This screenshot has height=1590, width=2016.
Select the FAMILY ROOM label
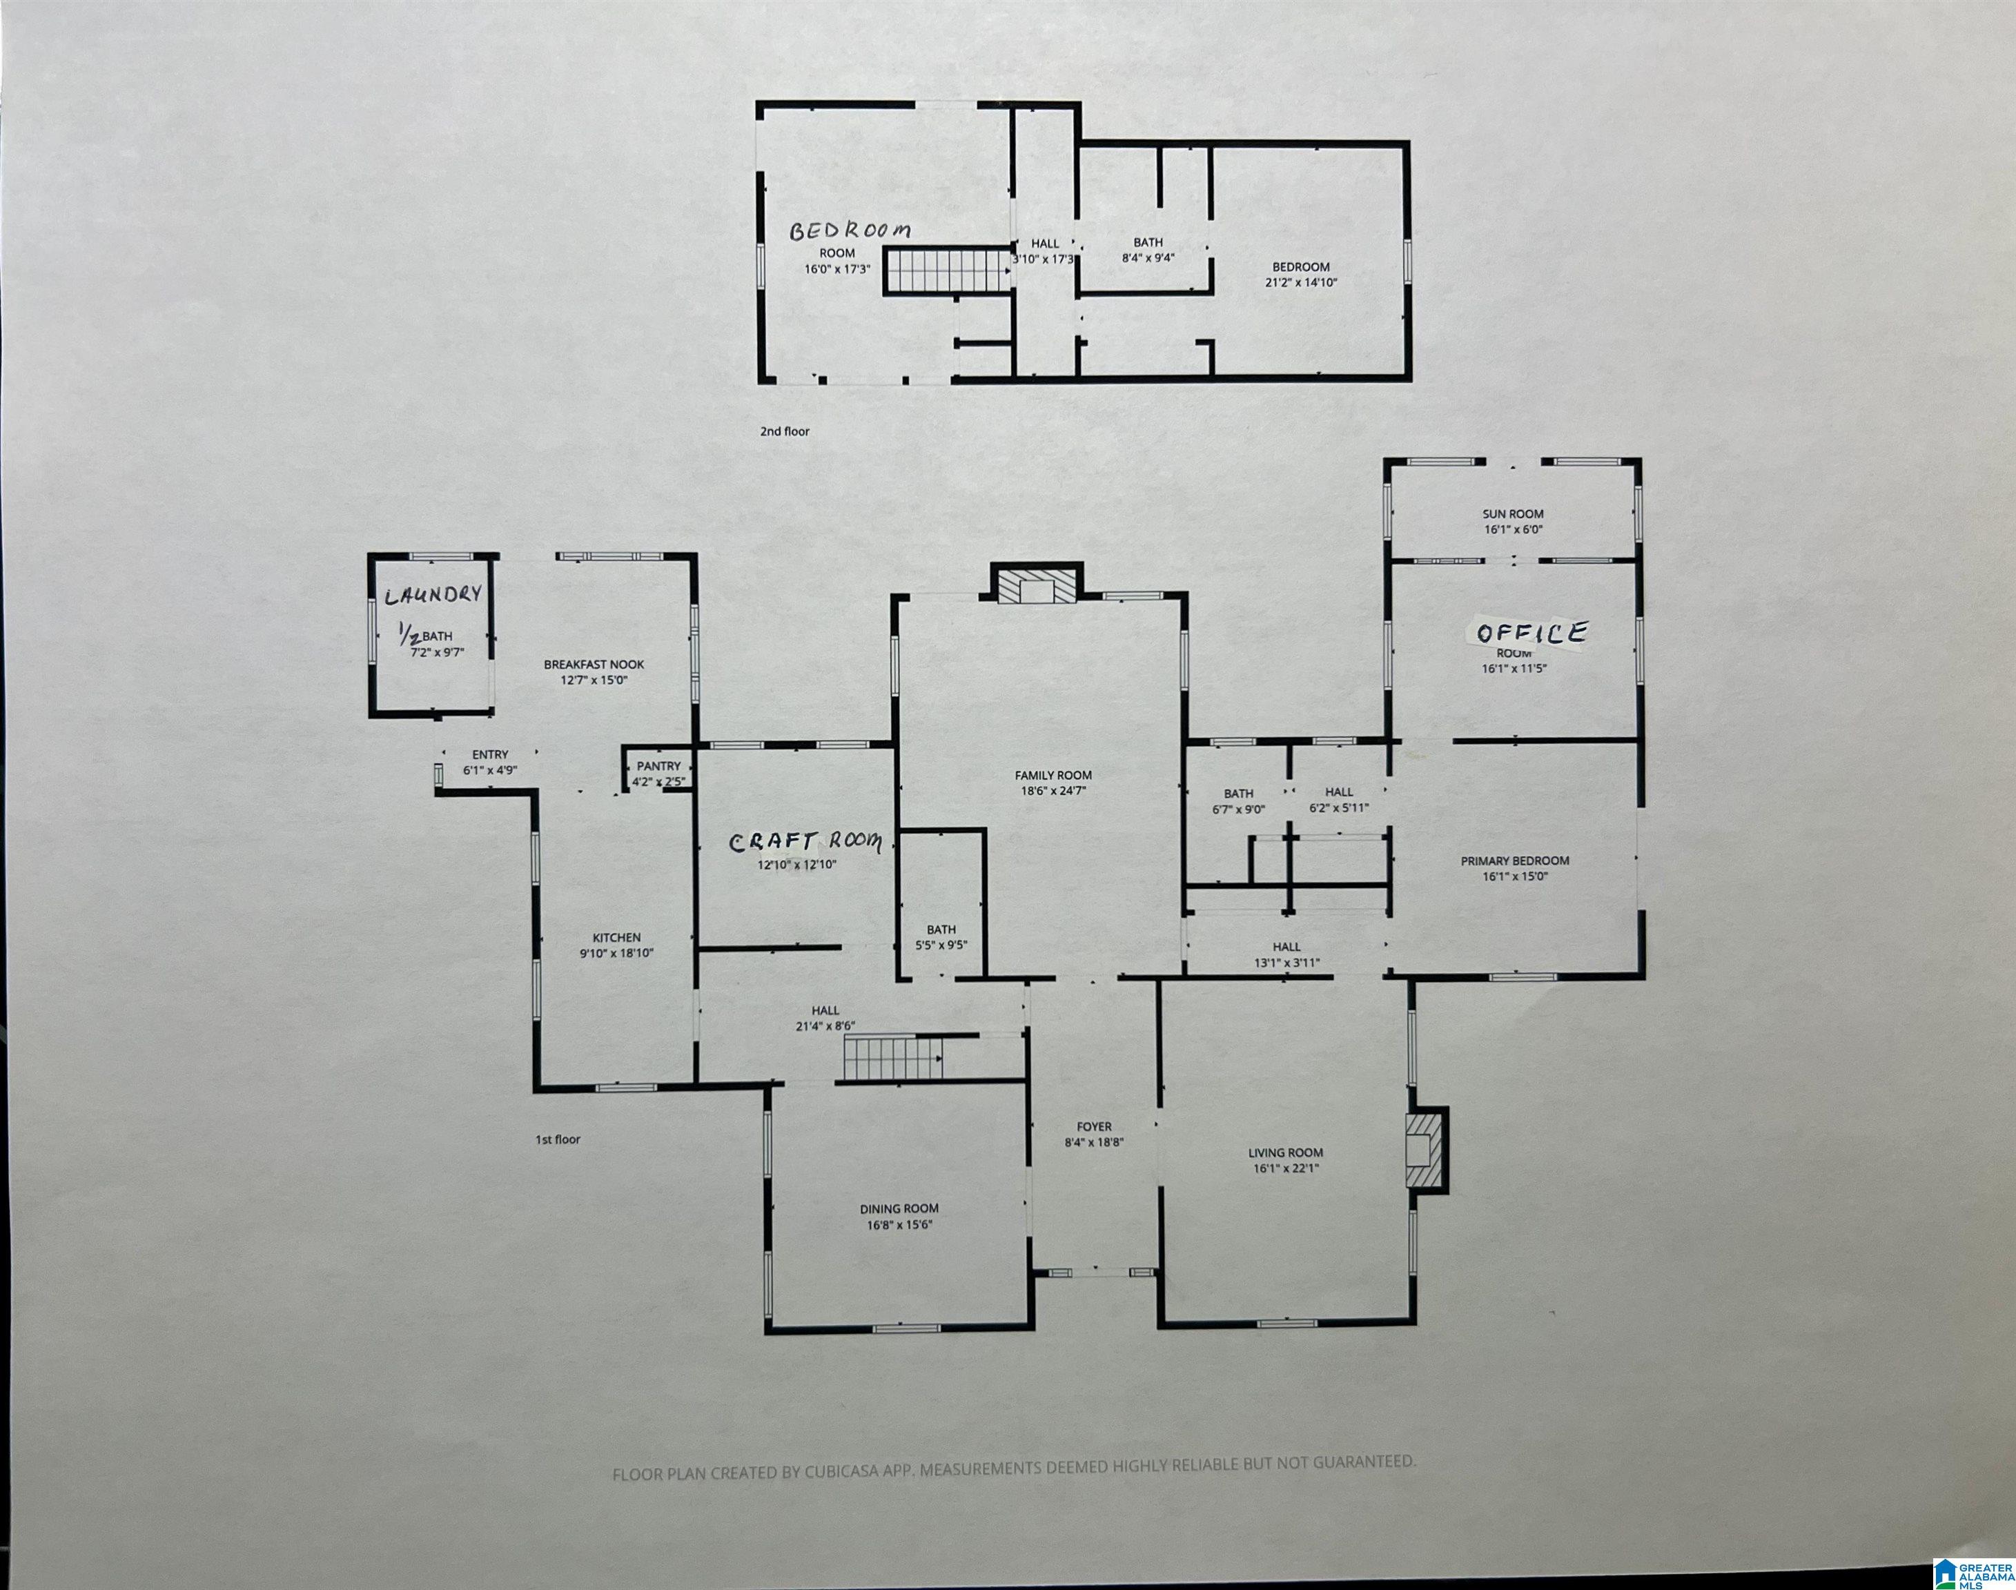click(x=1053, y=774)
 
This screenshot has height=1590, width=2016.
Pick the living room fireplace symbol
click(x=1426, y=1150)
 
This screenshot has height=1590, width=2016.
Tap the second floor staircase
click(x=946, y=271)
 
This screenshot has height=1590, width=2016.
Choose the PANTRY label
click(x=659, y=766)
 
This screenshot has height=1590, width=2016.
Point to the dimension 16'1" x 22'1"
click(x=1285, y=1168)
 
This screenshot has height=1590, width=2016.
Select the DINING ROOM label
click(x=899, y=1209)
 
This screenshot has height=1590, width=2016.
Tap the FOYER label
click(x=1095, y=1126)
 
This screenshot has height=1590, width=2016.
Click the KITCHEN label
click(x=616, y=937)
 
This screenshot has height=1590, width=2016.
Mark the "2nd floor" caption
click(x=785, y=431)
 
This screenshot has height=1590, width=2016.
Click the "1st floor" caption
click(x=558, y=1139)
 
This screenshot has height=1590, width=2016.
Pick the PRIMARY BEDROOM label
click(x=1514, y=860)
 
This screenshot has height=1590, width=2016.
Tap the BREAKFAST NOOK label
click(x=594, y=665)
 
